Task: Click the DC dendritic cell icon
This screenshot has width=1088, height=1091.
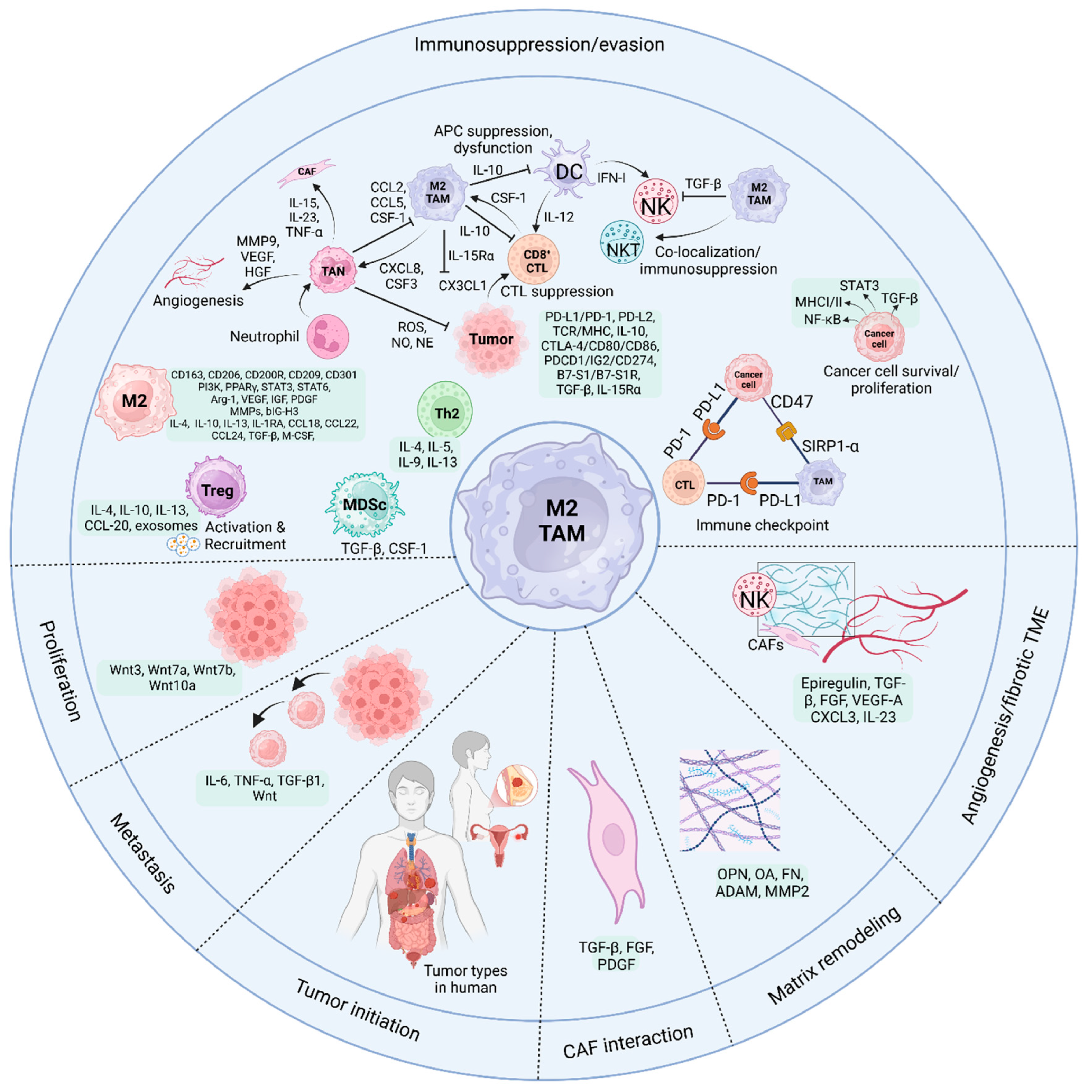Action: point(568,170)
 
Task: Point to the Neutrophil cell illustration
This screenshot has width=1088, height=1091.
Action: point(328,336)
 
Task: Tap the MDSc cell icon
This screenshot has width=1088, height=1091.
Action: point(365,504)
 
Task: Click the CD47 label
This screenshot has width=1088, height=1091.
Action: point(791,401)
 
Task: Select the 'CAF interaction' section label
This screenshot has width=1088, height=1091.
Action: point(628,1041)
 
